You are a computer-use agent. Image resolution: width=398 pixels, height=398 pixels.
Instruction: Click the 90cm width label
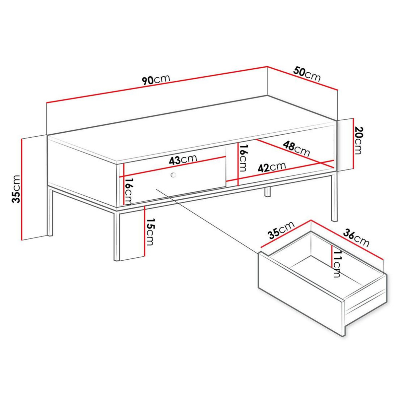click(156, 80)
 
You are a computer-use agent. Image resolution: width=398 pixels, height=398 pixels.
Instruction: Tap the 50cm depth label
click(307, 74)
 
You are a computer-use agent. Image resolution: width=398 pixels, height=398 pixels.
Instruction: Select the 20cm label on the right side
click(359, 141)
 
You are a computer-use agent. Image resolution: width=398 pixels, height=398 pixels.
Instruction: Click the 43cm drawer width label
click(183, 160)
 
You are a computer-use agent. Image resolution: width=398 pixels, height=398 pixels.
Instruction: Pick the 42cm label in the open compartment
click(272, 166)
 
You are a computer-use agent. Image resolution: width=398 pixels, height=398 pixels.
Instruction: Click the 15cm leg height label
click(150, 232)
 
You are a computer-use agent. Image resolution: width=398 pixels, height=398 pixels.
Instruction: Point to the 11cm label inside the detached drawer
click(337, 264)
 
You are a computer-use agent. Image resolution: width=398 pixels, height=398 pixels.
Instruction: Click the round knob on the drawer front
click(173, 175)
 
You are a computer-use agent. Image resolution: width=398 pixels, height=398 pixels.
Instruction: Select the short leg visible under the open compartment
click(267, 192)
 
